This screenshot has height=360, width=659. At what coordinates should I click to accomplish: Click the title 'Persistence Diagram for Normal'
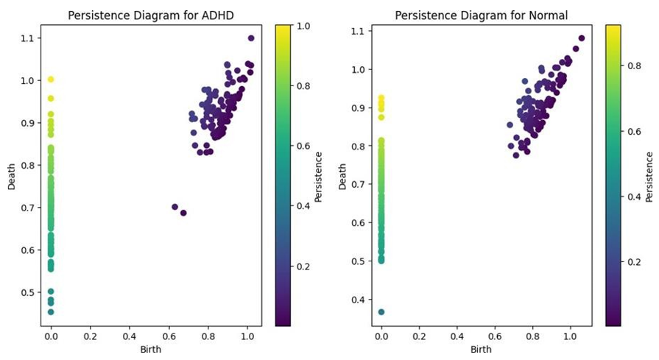(x=481, y=15)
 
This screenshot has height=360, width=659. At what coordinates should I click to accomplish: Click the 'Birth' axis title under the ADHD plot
(x=149, y=349)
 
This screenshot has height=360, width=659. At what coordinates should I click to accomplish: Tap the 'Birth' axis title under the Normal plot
(x=481, y=349)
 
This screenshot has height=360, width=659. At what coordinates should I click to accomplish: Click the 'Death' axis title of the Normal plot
(x=344, y=176)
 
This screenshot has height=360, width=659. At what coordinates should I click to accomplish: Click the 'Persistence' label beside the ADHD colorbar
(x=318, y=176)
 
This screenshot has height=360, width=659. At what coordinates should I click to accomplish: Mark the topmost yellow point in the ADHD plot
(x=51, y=79)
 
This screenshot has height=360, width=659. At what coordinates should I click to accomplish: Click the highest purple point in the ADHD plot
(x=251, y=38)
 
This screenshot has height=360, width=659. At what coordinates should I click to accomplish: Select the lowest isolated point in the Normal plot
(x=381, y=312)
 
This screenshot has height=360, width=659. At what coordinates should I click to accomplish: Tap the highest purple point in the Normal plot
(x=582, y=38)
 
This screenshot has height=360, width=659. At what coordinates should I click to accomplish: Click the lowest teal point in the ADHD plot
(x=51, y=312)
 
